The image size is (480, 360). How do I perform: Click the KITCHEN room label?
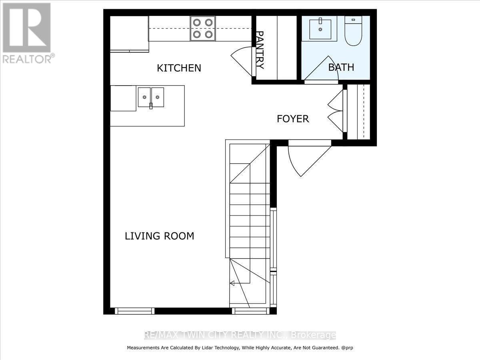pyautogui.click(x=179, y=68)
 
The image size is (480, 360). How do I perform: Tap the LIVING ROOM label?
pyautogui.click(x=160, y=236)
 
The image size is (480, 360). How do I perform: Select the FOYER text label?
pyautogui.click(x=293, y=119)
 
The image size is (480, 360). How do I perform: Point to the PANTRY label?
pyautogui.click(x=260, y=50)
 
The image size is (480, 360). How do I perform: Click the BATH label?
pyautogui.click(x=341, y=67)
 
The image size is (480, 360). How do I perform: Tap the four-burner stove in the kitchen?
pyautogui.click(x=202, y=28)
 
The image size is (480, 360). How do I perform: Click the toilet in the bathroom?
pyautogui.click(x=353, y=31)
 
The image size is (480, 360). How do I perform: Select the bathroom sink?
pyautogui.click(x=320, y=28)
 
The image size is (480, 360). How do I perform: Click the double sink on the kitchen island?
pyautogui.click(x=151, y=97)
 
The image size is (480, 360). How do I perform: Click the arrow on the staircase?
pyautogui.click(x=232, y=283)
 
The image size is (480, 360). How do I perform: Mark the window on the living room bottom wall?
pyautogui.click(x=134, y=311)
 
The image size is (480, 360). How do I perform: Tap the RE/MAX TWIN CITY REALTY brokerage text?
pyautogui.click(x=240, y=335)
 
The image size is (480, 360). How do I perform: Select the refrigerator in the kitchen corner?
pyautogui.click(x=129, y=34)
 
